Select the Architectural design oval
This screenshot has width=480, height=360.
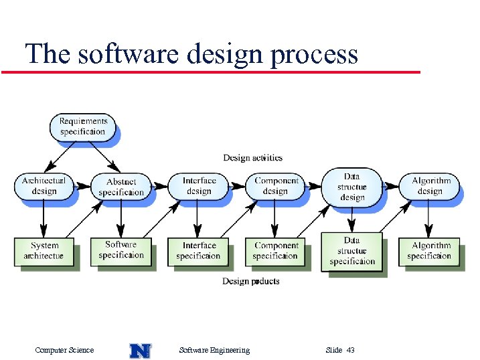tap(44, 186)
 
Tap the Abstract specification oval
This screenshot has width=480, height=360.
tap(121, 187)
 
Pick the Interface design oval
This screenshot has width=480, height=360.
tap(199, 186)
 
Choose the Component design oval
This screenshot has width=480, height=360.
tap(275, 186)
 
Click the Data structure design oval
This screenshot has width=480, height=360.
tap(352, 187)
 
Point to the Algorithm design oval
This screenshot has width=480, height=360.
tap(430, 186)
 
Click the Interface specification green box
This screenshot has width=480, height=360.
tap(199, 251)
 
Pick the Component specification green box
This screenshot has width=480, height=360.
tap(275, 251)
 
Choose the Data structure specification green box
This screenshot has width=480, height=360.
tap(351, 251)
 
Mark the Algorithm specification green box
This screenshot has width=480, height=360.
tap(429, 251)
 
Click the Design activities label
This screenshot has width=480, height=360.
tap(252, 158)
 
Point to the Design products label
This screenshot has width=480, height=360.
tap(251, 281)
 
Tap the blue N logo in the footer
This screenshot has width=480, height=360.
tap(140, 350)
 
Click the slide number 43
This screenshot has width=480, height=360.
tap(351, 350)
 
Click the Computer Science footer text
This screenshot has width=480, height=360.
tap(64, 350)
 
